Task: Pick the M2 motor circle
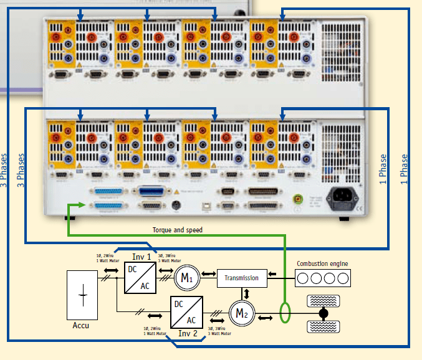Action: [x=239, y=313]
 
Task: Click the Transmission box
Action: [x=242, y=278]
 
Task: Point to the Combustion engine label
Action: [x=322, y=263]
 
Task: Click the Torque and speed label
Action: [x=178, y=230]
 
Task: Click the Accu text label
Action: [x=81, y=325]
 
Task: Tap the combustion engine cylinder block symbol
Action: [x=322, y=278]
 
